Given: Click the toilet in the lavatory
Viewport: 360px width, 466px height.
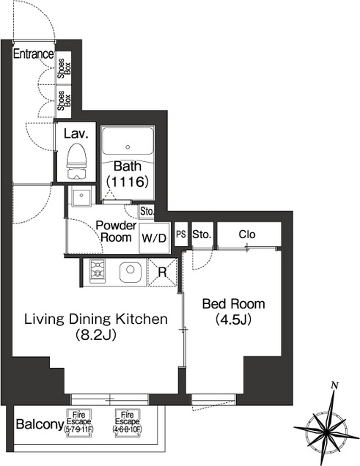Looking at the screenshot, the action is tap(76, 161).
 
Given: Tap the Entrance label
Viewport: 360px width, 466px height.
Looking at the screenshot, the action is tap(34, 54).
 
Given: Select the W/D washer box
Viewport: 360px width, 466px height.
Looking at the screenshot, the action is tap(154, 237).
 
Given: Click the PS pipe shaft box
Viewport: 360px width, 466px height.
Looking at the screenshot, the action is tap(181, 234).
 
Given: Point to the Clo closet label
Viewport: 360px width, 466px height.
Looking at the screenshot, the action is tap(247, 234).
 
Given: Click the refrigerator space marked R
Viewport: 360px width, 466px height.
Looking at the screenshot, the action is tap(162, 273).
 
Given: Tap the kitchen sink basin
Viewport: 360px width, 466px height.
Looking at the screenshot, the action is tap(131, 273).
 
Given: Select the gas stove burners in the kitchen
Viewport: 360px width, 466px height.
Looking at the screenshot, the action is tap(98, 271).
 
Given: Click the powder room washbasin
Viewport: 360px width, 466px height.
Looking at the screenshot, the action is tap(81, 196).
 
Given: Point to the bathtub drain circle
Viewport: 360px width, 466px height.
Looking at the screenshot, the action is tap(128, 147).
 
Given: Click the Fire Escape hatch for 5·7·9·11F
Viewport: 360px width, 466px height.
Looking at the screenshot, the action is tap(79, 423).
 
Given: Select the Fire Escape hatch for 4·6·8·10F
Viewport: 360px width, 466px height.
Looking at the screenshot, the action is tap(128, 423).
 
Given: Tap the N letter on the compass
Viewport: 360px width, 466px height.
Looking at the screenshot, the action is tap(335, 385).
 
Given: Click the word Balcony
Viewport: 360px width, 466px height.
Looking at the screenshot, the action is tap(40, 424).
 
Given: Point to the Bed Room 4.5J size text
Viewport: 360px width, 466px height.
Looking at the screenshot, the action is tap(234, 319).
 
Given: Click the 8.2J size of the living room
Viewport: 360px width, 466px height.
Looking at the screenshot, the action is tap(95, 335).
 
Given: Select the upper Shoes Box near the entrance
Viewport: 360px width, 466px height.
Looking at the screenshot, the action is tap(64, 68).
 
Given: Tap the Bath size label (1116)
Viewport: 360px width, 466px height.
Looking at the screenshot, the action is tap(128, 181).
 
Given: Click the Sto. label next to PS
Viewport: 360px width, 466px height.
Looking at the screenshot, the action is tap(202, 234).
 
